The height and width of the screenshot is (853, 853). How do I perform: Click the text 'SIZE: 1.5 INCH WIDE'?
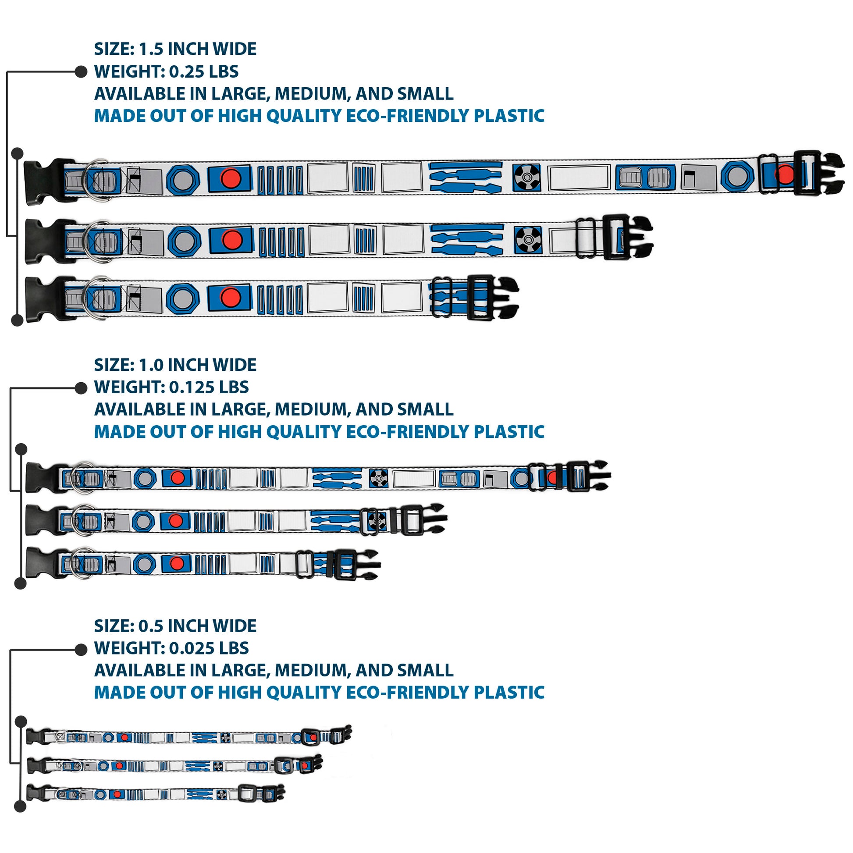(x=175, y=49)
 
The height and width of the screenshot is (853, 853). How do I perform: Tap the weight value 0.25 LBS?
(x=203, y=71)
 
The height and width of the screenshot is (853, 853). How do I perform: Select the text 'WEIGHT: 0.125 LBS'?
(x=171, y=387)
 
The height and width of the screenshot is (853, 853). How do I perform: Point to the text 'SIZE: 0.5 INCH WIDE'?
(x=175, y=626)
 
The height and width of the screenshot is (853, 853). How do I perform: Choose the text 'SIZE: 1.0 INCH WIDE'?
(x=175, y=365)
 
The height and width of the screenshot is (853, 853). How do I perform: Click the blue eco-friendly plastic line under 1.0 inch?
(x=319, y=431)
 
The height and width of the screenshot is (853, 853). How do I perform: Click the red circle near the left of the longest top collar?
(x=231, y=178)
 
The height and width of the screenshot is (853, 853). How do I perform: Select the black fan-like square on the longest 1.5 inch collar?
(x=527, y=178)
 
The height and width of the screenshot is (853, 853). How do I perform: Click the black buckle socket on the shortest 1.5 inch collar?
(x=44, y=299)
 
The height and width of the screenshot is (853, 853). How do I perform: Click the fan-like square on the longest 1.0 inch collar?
(x=378, y=478)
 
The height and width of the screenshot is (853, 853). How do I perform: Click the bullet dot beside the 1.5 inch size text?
(x=81, y=71)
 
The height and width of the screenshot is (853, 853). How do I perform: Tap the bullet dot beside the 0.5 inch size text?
(x=81, y=649)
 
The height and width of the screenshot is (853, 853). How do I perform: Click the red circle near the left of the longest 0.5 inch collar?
(x=125, y=737)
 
